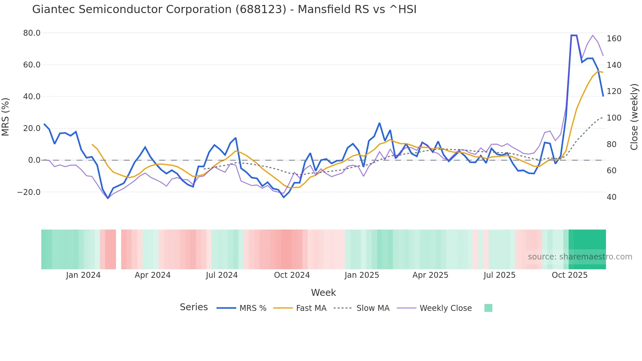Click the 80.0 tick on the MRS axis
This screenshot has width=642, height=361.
[32, 33]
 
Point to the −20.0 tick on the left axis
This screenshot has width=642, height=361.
[29, 192]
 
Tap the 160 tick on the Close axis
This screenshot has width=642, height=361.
[614, 39]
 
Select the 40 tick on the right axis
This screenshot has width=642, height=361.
[611, 197]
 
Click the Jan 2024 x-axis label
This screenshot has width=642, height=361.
[83, 275]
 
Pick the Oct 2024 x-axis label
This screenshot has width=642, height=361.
[292, 275]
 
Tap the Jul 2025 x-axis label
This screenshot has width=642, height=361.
[500, 275]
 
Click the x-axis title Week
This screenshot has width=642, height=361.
[323, 293]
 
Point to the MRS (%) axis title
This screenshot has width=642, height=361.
[6, 117]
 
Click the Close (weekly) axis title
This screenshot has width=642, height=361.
[634, 117]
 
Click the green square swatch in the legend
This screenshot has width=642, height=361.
[488, 308]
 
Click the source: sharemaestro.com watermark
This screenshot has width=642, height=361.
[580, 257]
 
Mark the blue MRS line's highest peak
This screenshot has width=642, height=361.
[574, 35]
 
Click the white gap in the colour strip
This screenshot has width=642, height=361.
[119, 249]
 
